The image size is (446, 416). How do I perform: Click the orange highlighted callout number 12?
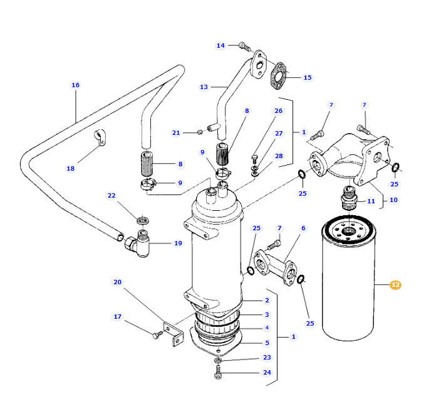(395, 285)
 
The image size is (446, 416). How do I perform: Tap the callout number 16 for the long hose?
(76, 85)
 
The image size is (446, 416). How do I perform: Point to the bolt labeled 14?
(244, 46)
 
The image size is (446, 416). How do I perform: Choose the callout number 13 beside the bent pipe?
(204, 87)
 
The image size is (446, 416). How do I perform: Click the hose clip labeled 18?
(100, 137)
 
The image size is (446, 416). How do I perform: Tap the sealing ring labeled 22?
(143, 220)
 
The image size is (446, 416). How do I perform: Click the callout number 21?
(176, 132)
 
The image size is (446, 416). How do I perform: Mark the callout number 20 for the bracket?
(117, 282)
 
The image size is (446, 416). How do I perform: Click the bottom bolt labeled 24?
(218, 375)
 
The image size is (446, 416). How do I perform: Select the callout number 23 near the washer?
(267, 358)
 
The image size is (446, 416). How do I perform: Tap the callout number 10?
(393, 200)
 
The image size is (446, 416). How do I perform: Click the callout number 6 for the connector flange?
(303, 228)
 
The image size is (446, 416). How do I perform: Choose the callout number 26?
(278, 111)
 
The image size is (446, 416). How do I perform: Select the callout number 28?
(278, 156)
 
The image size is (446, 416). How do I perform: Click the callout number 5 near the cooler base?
(267, 343)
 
